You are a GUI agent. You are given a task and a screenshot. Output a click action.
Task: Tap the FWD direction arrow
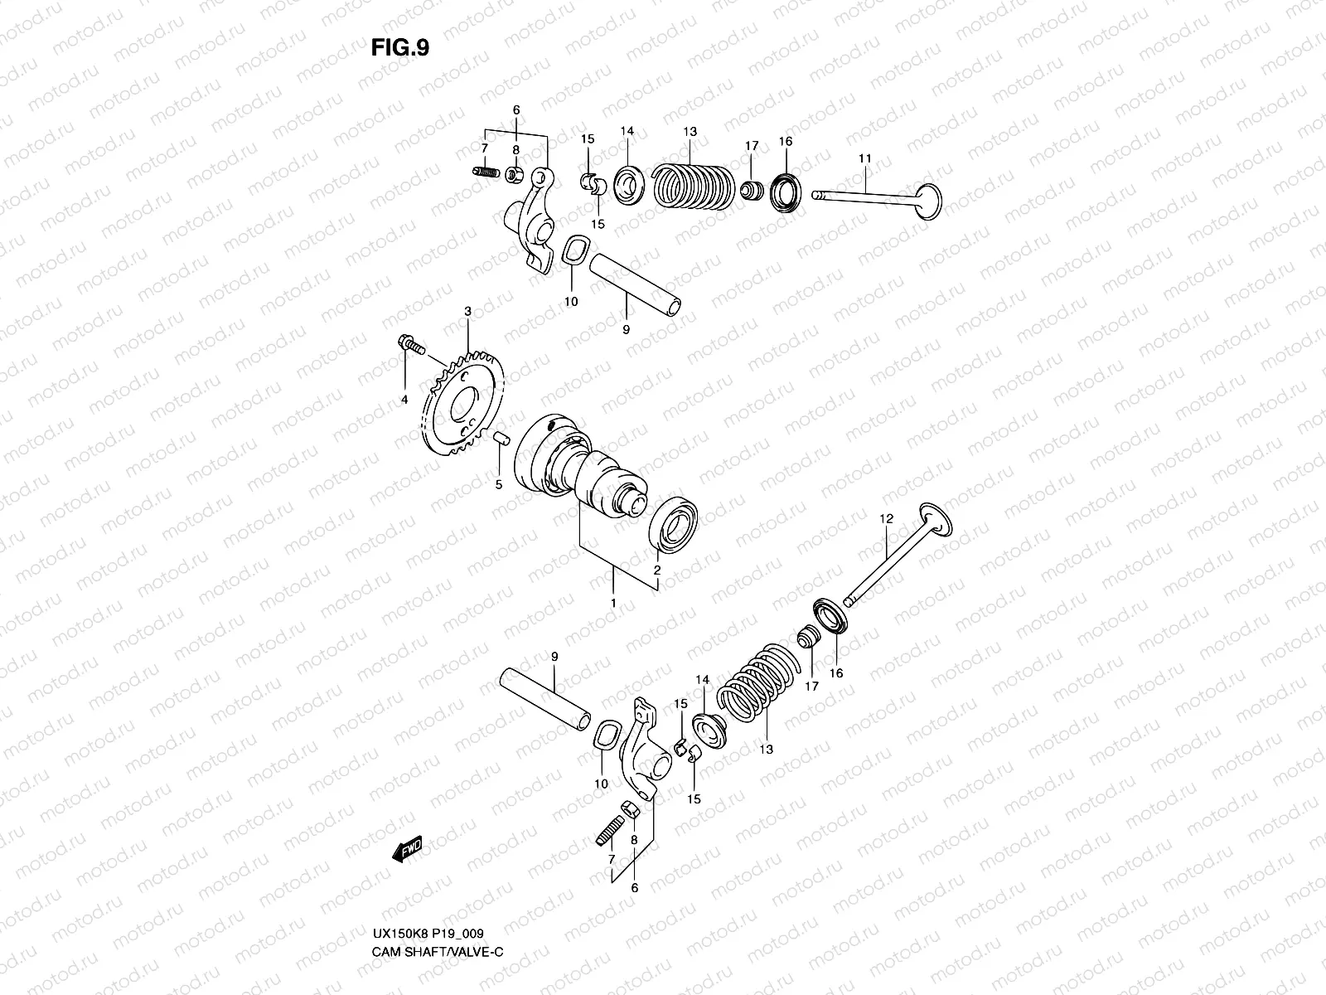(x=408, y=851)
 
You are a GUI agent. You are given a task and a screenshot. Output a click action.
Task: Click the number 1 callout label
(x=613, y=603)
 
